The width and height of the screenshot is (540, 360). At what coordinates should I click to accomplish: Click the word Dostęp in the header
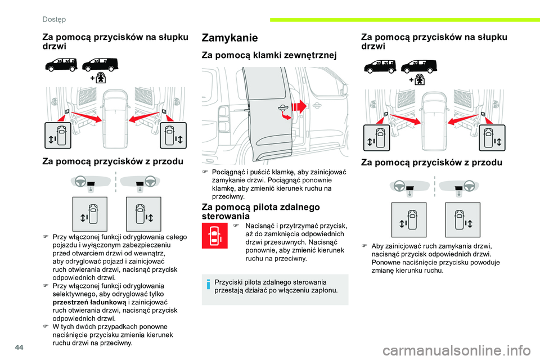(54, 19)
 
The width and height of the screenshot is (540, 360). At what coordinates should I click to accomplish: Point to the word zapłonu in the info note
(324, 290)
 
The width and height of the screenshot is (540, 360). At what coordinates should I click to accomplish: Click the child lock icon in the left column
(101, 78)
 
